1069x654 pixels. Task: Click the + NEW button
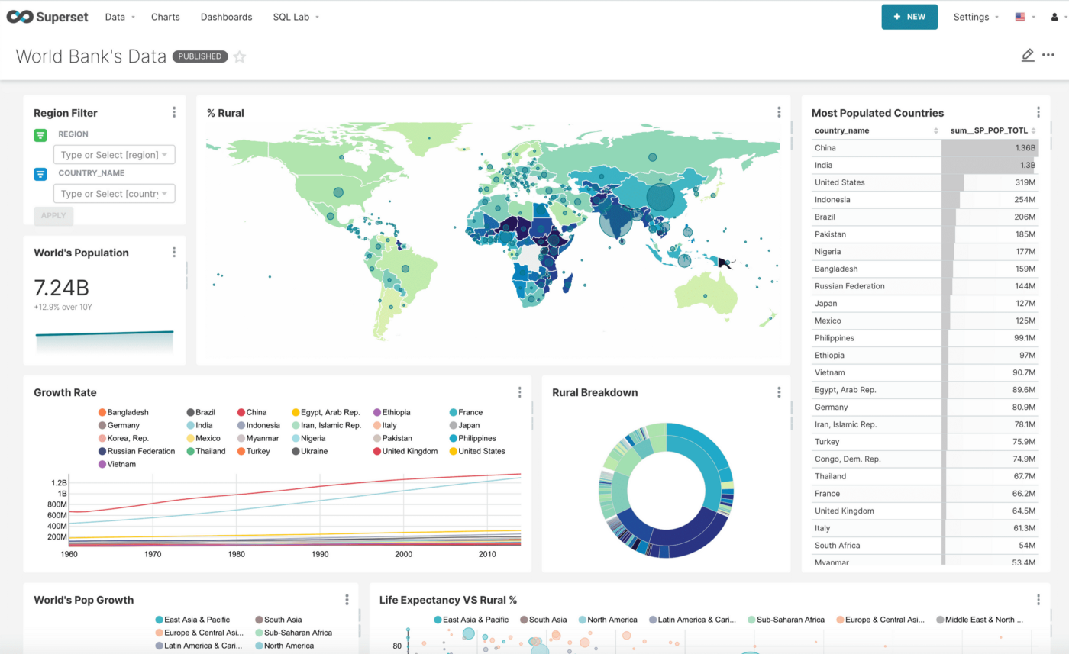coord(909,17)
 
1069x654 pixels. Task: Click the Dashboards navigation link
coord(226,17)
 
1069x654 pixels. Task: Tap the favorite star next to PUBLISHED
coord(240,56)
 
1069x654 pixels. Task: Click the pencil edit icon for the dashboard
coord(1027,55)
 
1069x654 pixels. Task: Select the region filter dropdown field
coord(114,155)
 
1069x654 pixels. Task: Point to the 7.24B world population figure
coord(61,288)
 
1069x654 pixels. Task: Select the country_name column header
coord(841,130)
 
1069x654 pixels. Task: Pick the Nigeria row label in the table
coord(828,252)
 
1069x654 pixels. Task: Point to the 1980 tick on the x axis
coord(236,555)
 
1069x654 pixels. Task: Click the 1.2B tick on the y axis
coord(59,483)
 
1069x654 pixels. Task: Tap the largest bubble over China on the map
coord(660,197)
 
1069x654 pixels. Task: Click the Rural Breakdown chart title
coord(595,392)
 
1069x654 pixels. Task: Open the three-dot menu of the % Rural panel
coord(779,112)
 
